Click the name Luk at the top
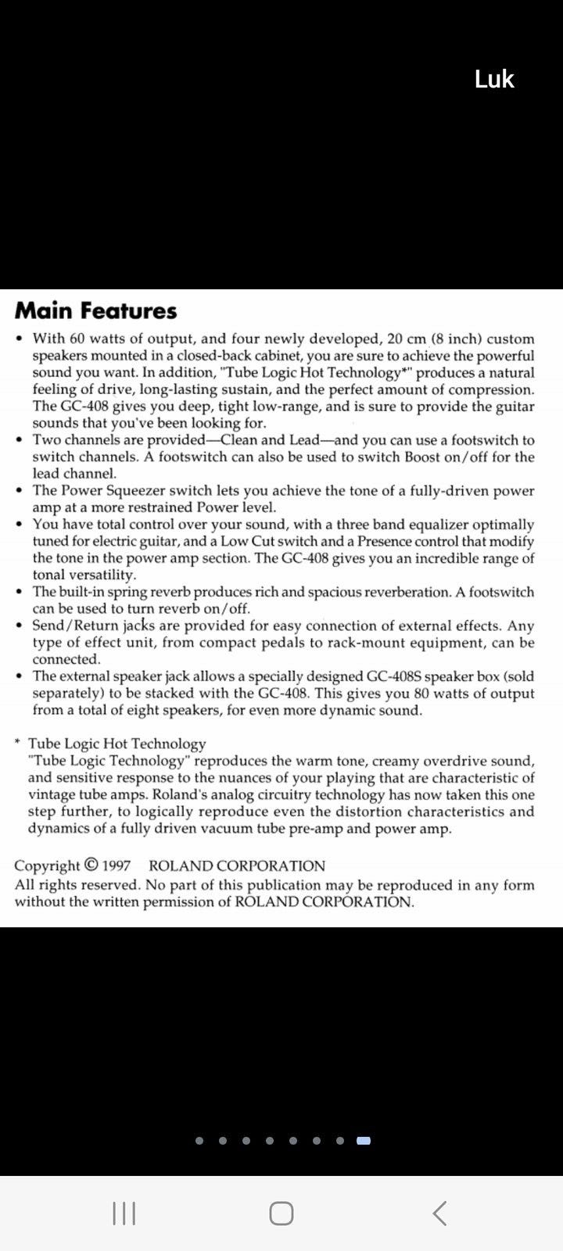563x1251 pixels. (x=494, y=79)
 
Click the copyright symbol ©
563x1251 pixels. (x=91, y=866)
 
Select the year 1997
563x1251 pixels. (x=116, y=866)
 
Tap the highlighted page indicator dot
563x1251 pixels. (x=364, y=1141)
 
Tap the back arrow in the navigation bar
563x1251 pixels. (x=439, y=1213)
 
